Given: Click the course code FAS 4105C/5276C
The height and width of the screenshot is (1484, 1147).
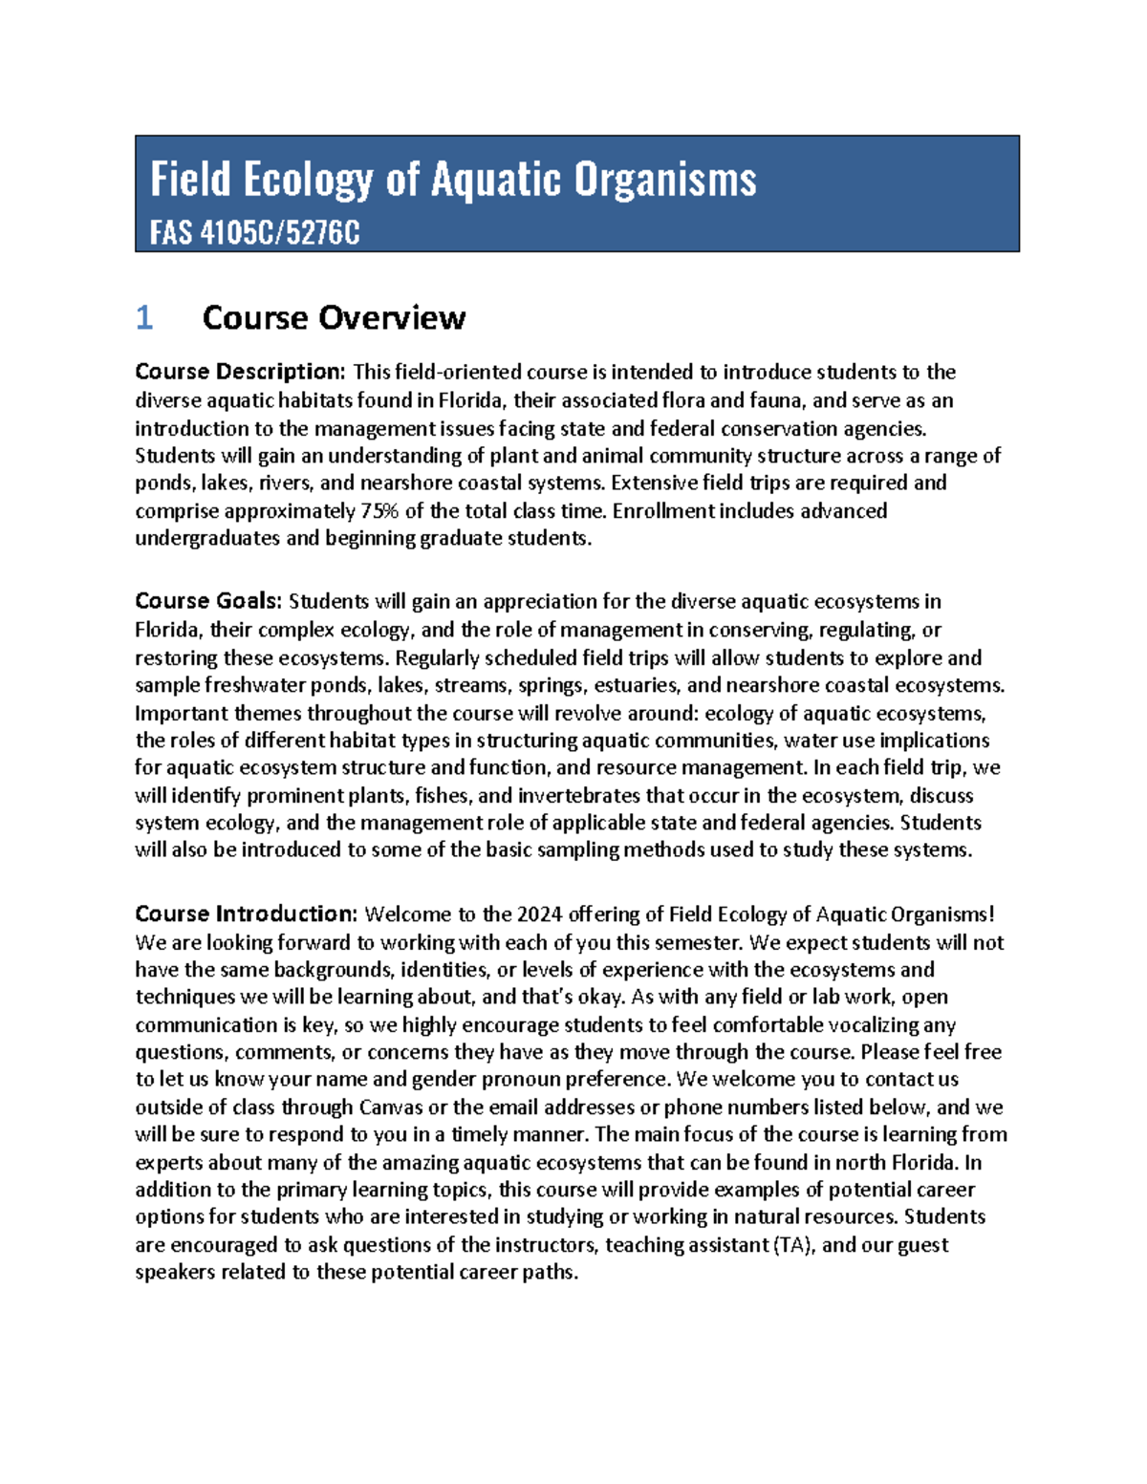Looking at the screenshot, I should point(254,232).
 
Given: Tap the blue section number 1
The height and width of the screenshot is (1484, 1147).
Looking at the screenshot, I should point(144,317).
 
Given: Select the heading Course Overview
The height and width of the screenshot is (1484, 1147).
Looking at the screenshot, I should point(334,317).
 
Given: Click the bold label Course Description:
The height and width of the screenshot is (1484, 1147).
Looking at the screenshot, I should point(240,372).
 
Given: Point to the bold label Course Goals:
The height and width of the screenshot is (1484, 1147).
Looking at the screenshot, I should point(208,601).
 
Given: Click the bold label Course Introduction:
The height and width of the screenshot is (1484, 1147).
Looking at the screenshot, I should point(247,914).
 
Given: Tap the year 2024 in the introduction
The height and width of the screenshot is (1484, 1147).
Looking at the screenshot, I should point(540,914).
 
